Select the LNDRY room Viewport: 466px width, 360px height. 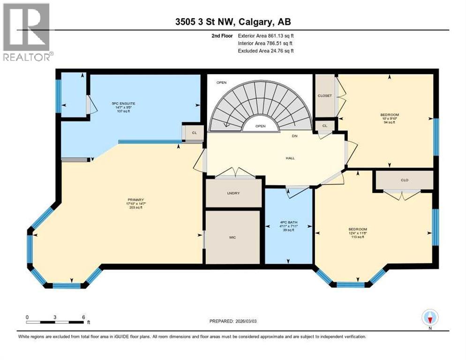(233, 193)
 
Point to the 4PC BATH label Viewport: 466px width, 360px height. (288, 222)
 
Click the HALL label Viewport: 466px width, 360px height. (290, 158)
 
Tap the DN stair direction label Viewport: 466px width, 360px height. (295, 136)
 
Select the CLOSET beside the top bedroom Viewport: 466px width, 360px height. (324, 96)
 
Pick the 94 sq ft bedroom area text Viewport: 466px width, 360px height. (389, 122)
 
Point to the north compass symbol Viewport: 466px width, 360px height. (429, 318)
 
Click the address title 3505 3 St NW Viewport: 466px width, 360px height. (233, 22)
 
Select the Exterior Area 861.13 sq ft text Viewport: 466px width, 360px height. (266, 36)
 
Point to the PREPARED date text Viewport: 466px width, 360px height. (233, 321)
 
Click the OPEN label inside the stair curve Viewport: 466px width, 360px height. (260, 126)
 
